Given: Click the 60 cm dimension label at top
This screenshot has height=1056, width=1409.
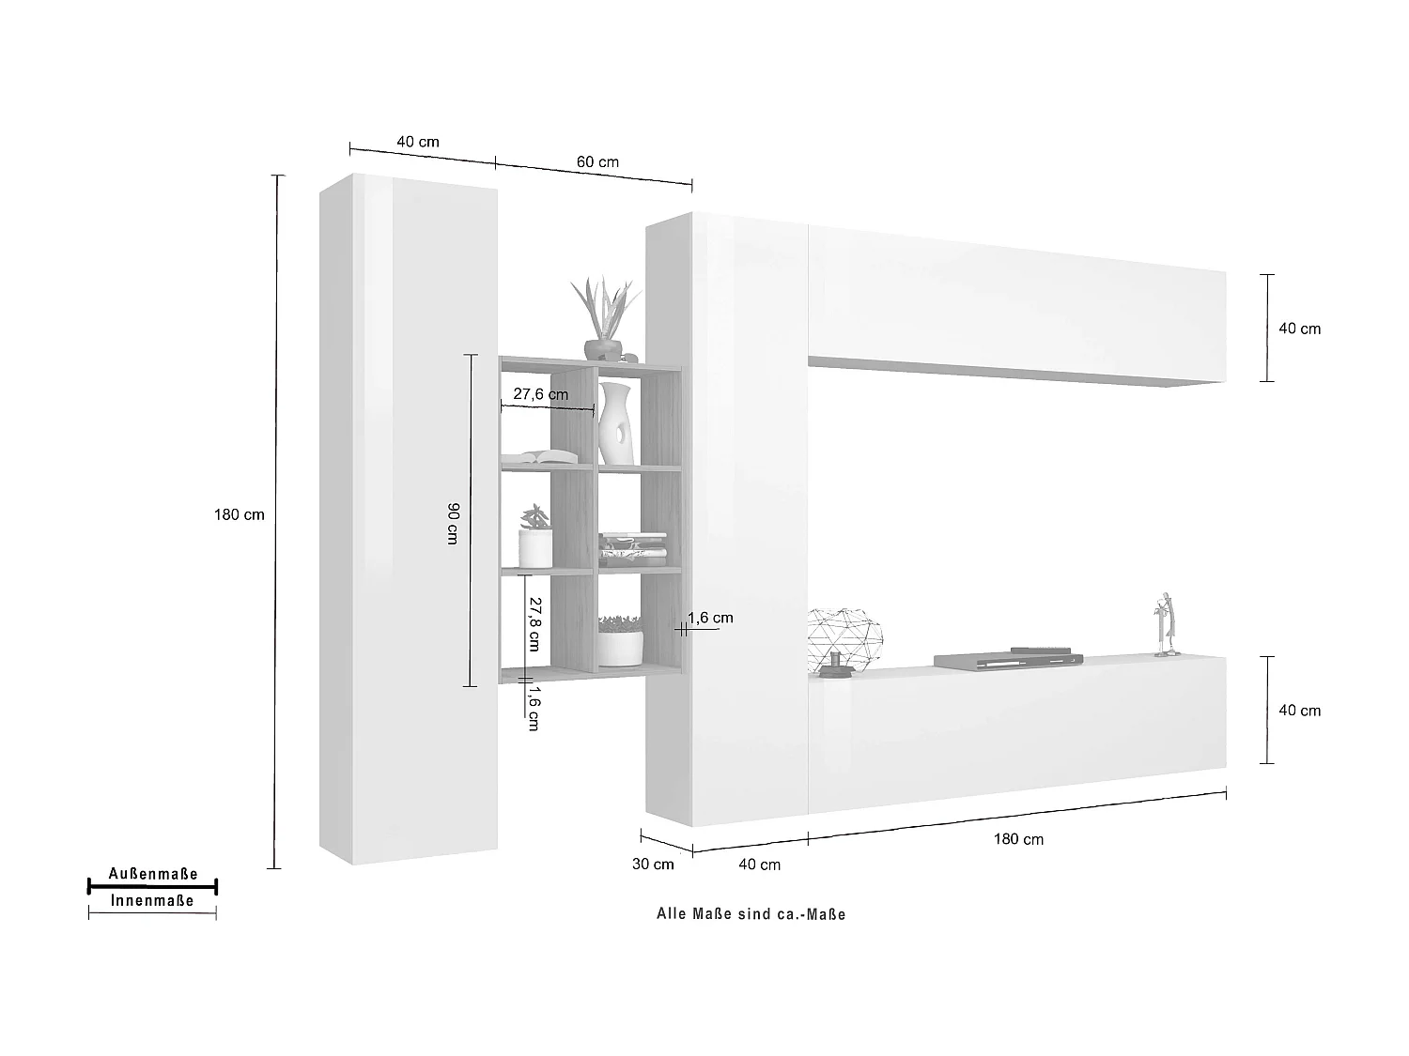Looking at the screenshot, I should (597, 161).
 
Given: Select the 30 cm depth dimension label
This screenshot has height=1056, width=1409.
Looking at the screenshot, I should (652, 864).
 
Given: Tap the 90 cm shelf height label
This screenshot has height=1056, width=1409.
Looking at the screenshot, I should (452, 524).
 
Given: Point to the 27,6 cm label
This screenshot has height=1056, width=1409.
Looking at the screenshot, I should (540, 394).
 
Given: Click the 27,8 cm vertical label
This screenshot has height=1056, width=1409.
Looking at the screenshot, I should (533, 623).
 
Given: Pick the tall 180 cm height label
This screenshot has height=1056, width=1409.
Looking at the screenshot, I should (240, 514).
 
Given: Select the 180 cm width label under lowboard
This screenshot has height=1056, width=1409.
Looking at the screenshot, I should (1018, 838).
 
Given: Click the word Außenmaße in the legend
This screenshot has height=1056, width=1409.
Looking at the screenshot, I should (153, 874).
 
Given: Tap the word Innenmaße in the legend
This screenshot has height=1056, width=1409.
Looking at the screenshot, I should (152, 900).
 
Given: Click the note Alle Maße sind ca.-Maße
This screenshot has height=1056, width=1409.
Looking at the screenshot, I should (751, 914).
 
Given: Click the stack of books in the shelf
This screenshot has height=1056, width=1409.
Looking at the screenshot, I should (632, 549).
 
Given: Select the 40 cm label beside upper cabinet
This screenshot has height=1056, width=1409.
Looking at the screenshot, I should (1300, 329).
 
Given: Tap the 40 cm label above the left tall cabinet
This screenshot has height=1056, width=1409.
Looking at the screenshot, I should (418, 142).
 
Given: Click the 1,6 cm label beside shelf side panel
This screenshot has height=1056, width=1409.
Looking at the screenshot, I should (710, 618).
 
